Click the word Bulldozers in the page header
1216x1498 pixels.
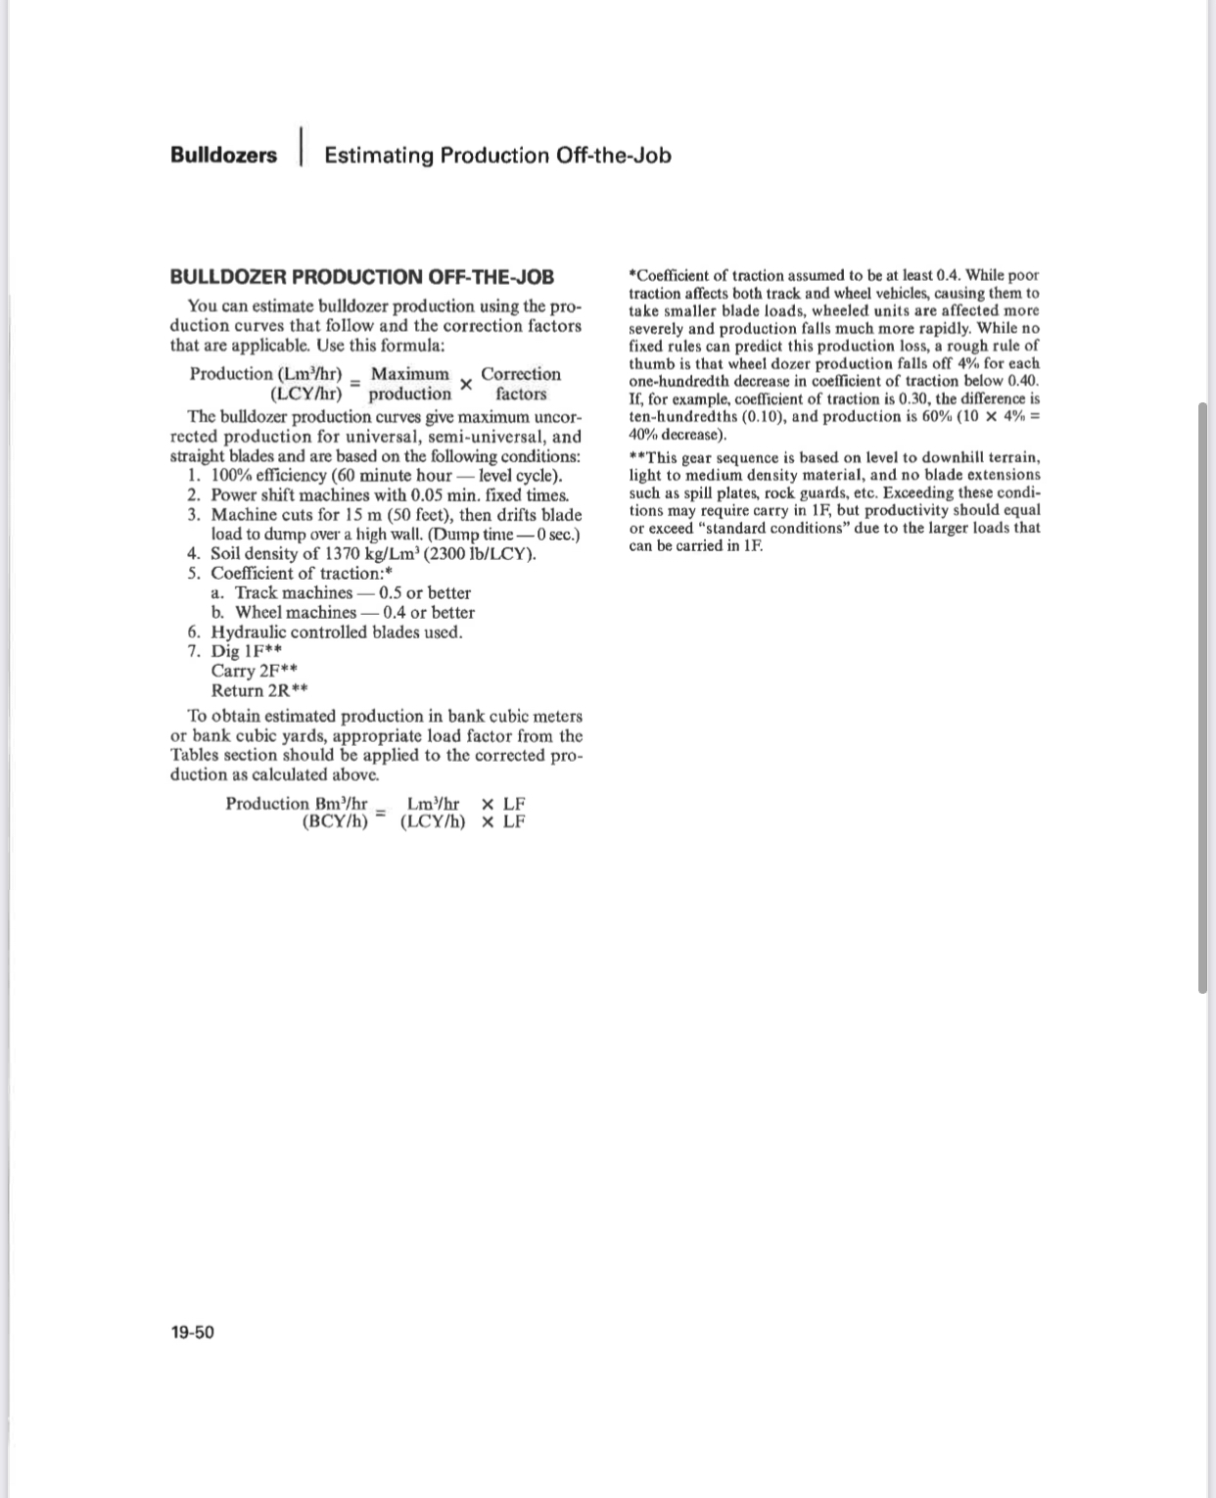(x=223, y=156)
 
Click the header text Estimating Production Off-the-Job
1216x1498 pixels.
(x=497, y=156)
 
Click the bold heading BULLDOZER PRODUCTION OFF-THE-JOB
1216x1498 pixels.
(x=361, y=278)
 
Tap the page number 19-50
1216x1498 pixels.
(x=192, y=1332)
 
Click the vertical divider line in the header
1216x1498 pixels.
(x=301, y=147)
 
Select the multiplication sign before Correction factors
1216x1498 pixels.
(x=466, y=385)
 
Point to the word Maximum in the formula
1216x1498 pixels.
(x=409, y=374)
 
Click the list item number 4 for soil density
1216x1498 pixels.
(x=194, y=554)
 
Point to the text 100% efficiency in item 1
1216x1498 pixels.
(x=268, y=476)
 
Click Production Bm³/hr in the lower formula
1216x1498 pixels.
(x=296, y=804)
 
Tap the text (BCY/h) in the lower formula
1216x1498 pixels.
(x=335, y=821)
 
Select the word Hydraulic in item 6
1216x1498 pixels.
(x=249, y=632)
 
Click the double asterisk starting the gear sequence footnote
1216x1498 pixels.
(x=636, y=457)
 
